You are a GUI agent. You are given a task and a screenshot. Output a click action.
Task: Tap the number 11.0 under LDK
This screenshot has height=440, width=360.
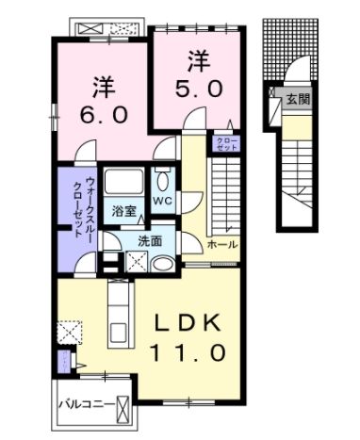coord(186,353)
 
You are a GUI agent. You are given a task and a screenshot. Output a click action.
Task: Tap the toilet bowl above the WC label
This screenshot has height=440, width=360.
coord(161,181)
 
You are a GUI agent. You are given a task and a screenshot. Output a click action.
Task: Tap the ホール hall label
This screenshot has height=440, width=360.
coord(223,244)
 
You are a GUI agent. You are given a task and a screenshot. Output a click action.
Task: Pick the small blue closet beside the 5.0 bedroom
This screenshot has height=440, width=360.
coord(226,145)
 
